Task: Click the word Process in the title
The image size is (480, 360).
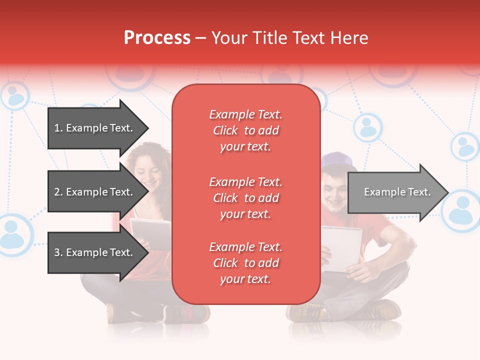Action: [157, 38]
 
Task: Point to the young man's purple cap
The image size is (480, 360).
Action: [337, 161]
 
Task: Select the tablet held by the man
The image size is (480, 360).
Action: [341, 248]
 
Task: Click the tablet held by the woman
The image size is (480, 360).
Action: [150, 234]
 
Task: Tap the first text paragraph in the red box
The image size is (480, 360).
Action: [245, 130]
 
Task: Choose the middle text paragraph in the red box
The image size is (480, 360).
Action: [245, 198]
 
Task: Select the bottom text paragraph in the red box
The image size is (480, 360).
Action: [245, 263]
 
